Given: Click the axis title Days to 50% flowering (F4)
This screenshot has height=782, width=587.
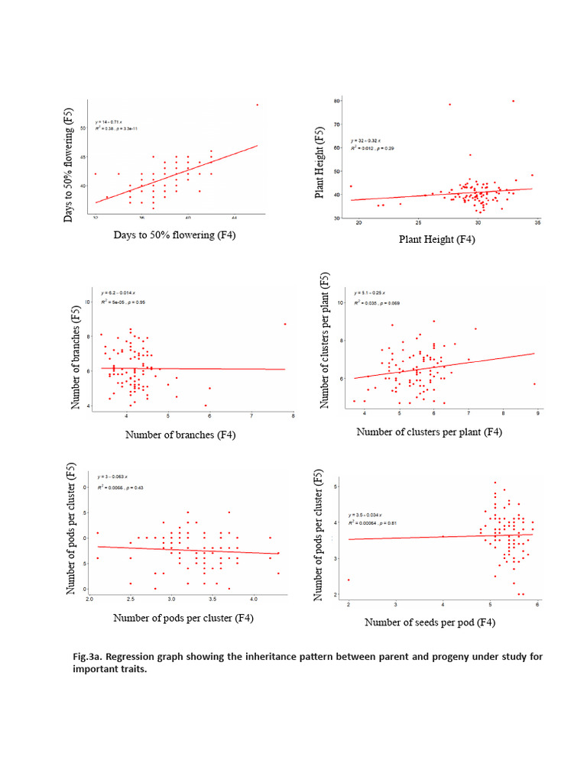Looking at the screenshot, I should [x=174, y=234].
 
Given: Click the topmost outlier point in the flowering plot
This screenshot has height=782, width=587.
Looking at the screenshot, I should [x=257, y=105].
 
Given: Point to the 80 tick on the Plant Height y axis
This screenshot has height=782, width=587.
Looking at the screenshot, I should [x=336, y=101].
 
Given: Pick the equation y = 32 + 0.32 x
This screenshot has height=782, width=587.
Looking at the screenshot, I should [x=367, y=141].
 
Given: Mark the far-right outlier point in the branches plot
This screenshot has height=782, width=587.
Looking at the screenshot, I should [x=285, y=324].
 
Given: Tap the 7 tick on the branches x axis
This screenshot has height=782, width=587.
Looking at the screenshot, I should [x=251, y=417].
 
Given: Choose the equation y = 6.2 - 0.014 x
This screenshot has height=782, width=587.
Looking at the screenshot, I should [x=118, y=292].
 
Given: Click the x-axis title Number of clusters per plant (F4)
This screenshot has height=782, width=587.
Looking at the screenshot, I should [x=430, y=432].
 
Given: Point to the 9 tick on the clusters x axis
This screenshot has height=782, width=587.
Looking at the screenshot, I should [x=537, y=414].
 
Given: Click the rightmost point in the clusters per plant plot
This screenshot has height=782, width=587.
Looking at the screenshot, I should [x=534, y=384].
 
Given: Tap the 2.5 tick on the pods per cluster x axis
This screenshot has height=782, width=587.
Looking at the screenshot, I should [x=131, y=599].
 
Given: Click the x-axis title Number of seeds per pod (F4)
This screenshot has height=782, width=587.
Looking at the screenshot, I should [x=430, y=622].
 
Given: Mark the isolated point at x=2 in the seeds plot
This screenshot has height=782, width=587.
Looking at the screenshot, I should [x=349, y=580].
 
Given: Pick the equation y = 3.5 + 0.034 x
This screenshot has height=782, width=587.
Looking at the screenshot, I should [x=366, y=515].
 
